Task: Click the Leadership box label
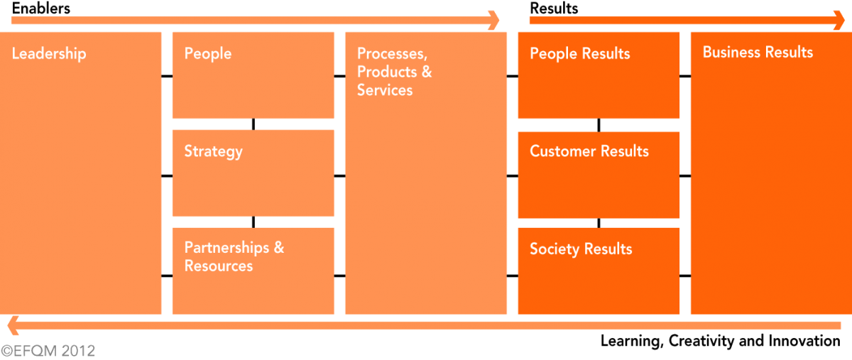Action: (49, 53)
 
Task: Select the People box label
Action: (207, 53)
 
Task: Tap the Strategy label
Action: (213, 151)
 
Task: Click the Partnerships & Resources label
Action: (234, 257)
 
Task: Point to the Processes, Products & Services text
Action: (394, 72)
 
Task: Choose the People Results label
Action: (579, 54)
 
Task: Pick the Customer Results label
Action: (589, 151)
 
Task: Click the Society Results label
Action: (580, 249)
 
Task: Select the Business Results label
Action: (758, 53)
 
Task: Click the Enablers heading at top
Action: (40, 9)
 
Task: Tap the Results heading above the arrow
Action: (554, 9)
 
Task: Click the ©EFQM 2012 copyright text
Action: (48, 351)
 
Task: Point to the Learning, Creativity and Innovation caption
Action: (719, 341)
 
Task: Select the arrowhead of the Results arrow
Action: (839, 20)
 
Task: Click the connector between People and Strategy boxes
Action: (253, 124)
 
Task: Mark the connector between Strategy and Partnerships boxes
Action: (253, 222)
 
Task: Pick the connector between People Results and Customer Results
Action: (599, 125)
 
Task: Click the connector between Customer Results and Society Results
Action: (599, 223)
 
